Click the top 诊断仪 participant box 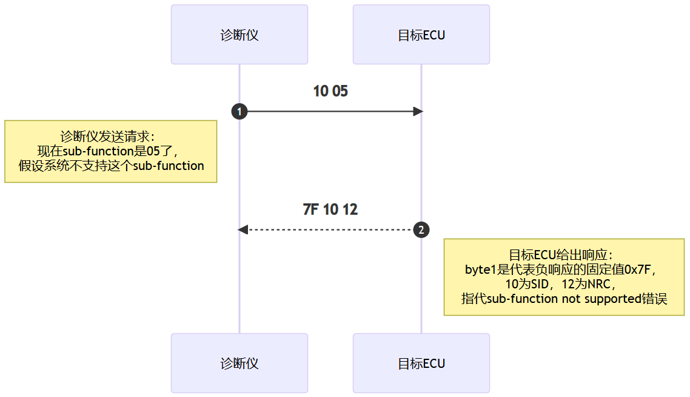239,35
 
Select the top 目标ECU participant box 421,35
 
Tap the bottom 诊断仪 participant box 239,363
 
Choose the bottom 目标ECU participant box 421,363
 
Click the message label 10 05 330,91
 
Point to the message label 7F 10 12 330,209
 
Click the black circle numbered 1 239,112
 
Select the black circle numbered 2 421,229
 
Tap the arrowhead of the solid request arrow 418,112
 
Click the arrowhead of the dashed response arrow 243,229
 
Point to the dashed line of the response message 330,229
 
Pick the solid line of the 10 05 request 330,112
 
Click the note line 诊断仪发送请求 107,137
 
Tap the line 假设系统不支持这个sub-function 111,166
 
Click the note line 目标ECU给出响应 560,255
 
